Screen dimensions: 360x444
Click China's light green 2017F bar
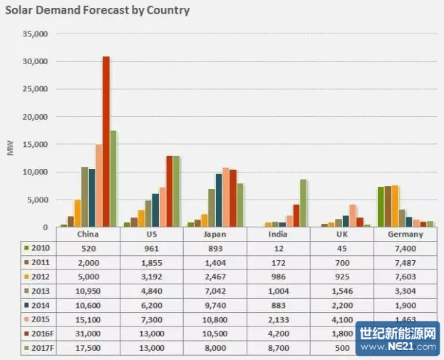[113, 178]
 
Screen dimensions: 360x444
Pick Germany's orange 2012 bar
[395, 206]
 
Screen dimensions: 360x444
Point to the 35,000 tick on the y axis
[34, 34]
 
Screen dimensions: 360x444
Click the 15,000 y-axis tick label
[34, 145]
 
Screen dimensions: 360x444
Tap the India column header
[277, 234]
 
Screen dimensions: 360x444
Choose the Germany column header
[406, 234]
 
